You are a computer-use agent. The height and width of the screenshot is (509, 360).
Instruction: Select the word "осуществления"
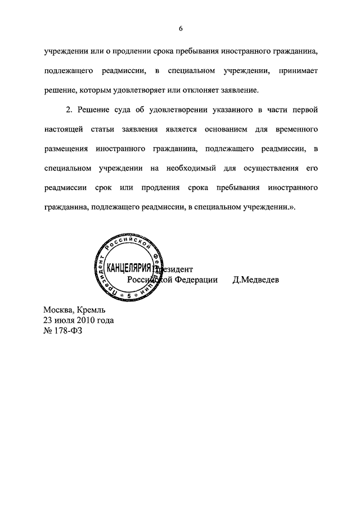268,168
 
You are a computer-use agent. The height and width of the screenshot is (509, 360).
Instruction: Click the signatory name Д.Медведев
255,280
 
